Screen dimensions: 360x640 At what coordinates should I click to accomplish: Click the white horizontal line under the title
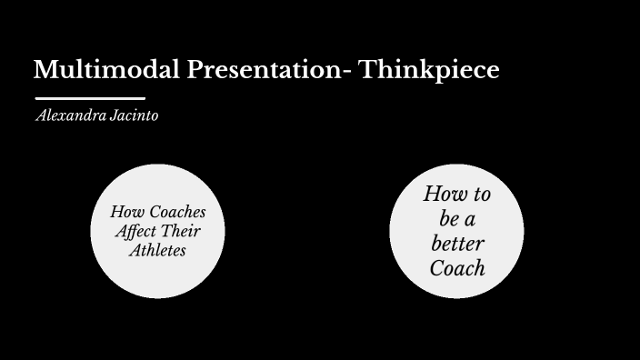[x=90, y=97]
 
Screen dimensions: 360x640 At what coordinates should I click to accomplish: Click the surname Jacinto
[x=134, y=116]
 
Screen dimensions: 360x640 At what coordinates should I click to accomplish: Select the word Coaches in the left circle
[x=175, y=212]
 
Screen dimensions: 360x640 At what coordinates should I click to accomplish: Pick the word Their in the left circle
[x=183, y=231]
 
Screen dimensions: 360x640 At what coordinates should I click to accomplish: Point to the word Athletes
[x=157, y=249]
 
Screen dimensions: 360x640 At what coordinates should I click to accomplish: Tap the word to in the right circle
[x=482, y=195]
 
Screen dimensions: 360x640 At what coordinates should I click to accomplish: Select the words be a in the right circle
[x=455, y=219]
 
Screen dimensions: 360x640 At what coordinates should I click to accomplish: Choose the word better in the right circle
[x=456, y=244]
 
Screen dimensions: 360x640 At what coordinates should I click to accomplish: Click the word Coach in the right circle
[x=456, y=268]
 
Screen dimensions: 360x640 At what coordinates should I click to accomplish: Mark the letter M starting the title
[x=45, y=70]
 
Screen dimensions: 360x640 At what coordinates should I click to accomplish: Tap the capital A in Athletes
[x=133, y=249]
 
